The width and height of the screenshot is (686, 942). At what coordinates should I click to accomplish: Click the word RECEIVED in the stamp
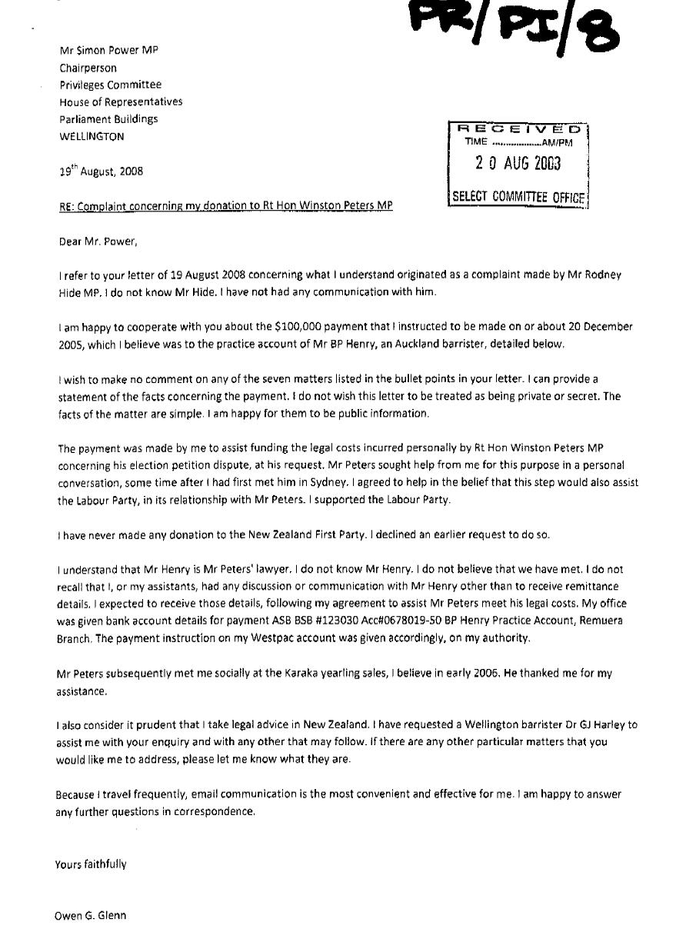coord(519,129)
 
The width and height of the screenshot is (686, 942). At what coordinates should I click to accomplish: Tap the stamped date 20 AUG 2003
coord(518,163)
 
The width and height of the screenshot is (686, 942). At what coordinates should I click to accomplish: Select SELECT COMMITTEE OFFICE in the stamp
coord(518,197)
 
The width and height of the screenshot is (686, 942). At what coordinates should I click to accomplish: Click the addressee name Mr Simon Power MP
coord(108,50)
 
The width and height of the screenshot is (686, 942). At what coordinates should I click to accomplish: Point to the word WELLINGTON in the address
coord(92,136)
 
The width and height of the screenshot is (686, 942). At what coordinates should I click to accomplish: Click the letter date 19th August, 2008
coord(101,171)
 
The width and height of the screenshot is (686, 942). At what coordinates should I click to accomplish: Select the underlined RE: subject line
coord(226,205)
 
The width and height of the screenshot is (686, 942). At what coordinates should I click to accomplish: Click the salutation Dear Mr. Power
coord(98,241)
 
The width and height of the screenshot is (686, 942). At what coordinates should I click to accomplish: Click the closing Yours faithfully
coord(91,864)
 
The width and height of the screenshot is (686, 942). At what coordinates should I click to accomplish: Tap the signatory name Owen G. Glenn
coord(91,915)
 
